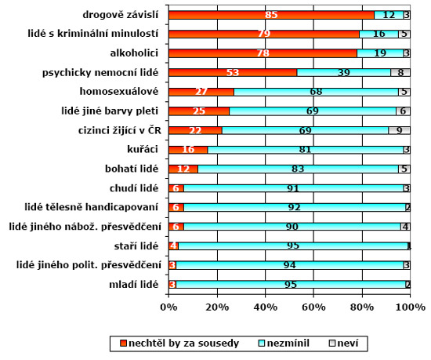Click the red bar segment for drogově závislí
[271, 15]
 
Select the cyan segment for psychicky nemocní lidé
[344, 73]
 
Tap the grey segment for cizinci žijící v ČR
[399, 130]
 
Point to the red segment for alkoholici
[263, 53]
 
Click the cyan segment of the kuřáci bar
[306, 150]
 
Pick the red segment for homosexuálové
[201, 92]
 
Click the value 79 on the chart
[264, 34]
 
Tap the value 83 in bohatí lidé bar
[298, 169]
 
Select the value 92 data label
[295, 207]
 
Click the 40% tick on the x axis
[265, 307]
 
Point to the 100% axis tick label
[411, 307]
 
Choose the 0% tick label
[168, 307]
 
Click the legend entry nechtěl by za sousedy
[179, 344]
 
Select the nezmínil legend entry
[284, 344]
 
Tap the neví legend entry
[344, 344]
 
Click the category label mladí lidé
[133, 285]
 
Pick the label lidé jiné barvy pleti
[110, 111]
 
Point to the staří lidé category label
[136, 245]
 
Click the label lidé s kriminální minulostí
[93, 34]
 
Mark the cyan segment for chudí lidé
[293, 188]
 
